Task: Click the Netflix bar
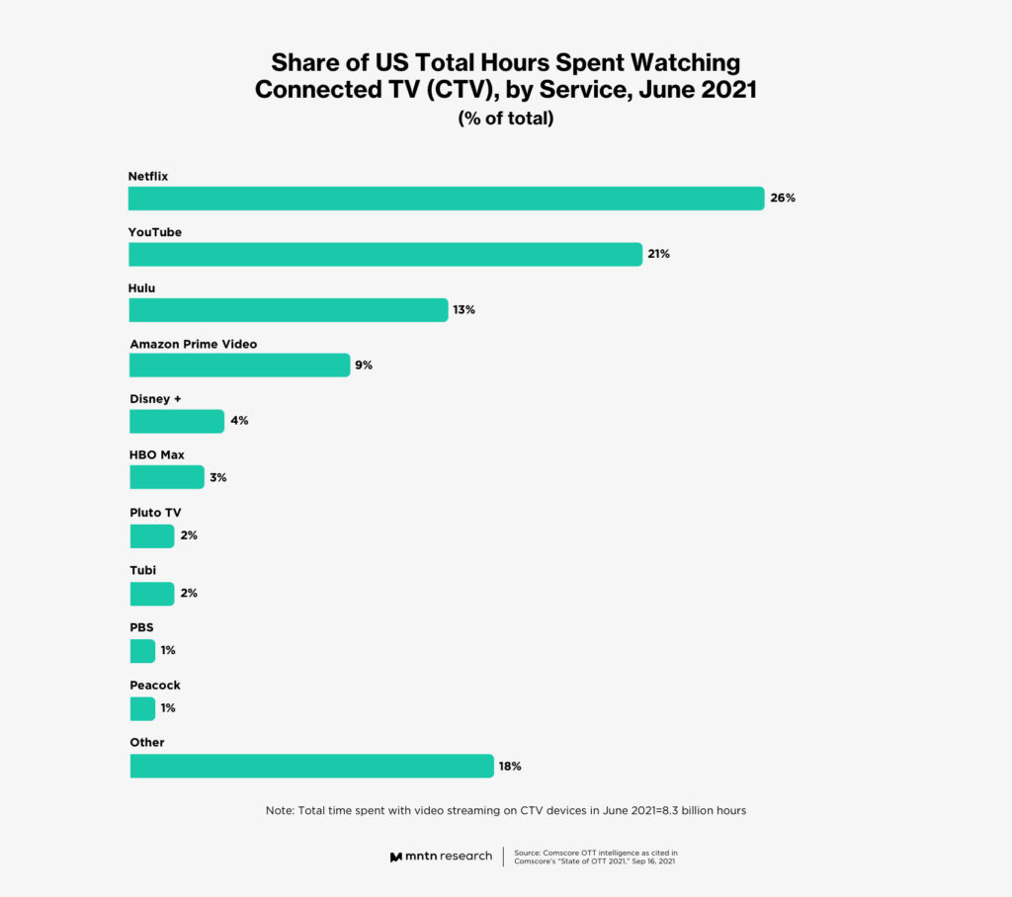point(446,198)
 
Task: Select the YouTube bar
point(385,254)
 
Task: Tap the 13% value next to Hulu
point(464,309)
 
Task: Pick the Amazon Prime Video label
point(194,344)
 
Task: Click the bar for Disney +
point(177,421)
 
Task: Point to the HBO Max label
point(157,455)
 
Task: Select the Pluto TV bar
point(151,536)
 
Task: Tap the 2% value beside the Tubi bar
point(188,593)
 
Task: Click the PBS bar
point(142,651)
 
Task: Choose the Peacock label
point(155,685)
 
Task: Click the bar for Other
point(311,766)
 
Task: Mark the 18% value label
point(510,766)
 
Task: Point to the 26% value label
point(783,198)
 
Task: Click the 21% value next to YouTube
point(659,254)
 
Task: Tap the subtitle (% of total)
point(505,119)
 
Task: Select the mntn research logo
point(441,856)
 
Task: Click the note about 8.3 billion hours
point(505,810)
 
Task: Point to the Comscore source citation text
point(596,856)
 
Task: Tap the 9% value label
point(364,366)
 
